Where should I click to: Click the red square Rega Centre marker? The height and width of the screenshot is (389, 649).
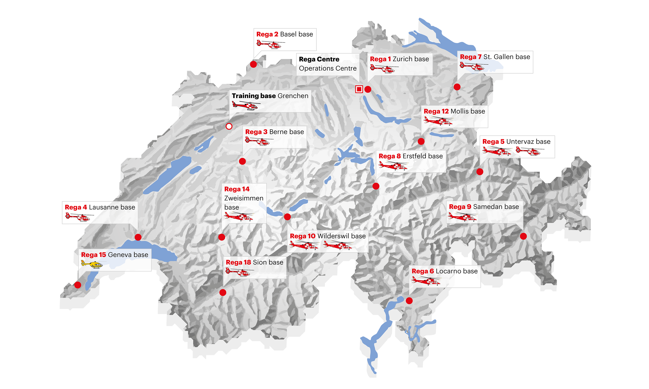(x=359, y=89)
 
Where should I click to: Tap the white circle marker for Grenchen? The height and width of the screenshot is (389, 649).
(x=229, y=126)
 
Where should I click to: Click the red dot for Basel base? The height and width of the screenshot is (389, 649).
(x=253, y=64)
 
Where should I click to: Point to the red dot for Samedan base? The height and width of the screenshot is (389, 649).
(x=523, y=236)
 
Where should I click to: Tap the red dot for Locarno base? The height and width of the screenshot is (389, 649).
(x=409, y=301)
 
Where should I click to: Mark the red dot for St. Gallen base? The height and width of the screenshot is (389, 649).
(x=457, y=87)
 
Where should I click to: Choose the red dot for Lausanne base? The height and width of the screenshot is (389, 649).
(x=138, y=237)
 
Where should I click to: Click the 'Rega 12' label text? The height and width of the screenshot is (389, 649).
(x=436, y=111)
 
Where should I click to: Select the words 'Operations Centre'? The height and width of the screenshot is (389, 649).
(x=328, y=69)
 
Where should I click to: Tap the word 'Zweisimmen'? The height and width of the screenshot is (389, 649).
(x=244, y=198)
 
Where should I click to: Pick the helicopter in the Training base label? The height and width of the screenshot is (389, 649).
(x=246, y=105)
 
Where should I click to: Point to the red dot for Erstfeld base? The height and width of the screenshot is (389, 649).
(x=376, y=186)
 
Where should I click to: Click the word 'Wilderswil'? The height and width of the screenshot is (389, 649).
(x=333, y=236)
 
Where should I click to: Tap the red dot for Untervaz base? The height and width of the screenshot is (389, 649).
(x=480, y=172)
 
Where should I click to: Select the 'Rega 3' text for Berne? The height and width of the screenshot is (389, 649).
(x=256, y=132)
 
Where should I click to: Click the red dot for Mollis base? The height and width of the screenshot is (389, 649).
(x=421, y=142)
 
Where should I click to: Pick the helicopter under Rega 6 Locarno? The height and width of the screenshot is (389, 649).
(x=426, y=281)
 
